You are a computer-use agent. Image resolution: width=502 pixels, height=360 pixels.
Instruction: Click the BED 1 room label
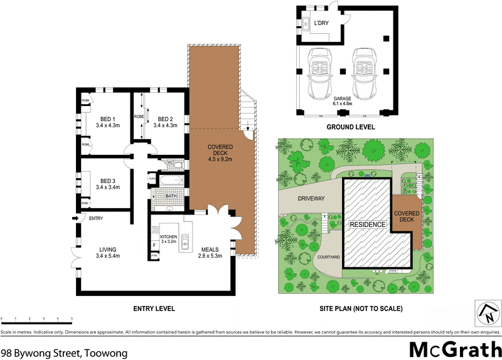108,119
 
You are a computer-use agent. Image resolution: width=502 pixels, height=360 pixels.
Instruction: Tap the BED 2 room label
165,119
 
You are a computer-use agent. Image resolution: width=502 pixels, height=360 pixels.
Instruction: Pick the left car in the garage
322,70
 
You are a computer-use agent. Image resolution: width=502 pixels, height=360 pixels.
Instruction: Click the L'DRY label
321,24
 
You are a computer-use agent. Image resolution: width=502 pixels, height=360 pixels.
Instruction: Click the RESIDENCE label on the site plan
367,224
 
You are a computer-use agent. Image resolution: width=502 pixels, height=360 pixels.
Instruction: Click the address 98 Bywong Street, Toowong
64,353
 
